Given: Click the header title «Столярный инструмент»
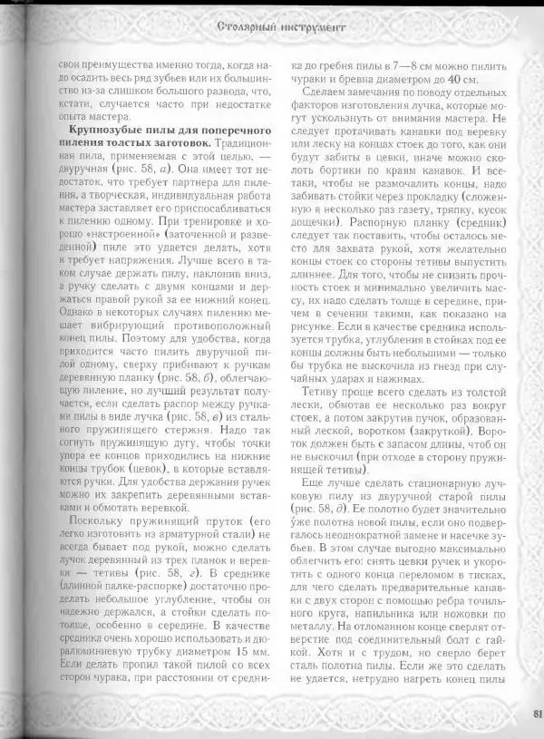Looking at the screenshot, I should [x=282, y=29].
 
